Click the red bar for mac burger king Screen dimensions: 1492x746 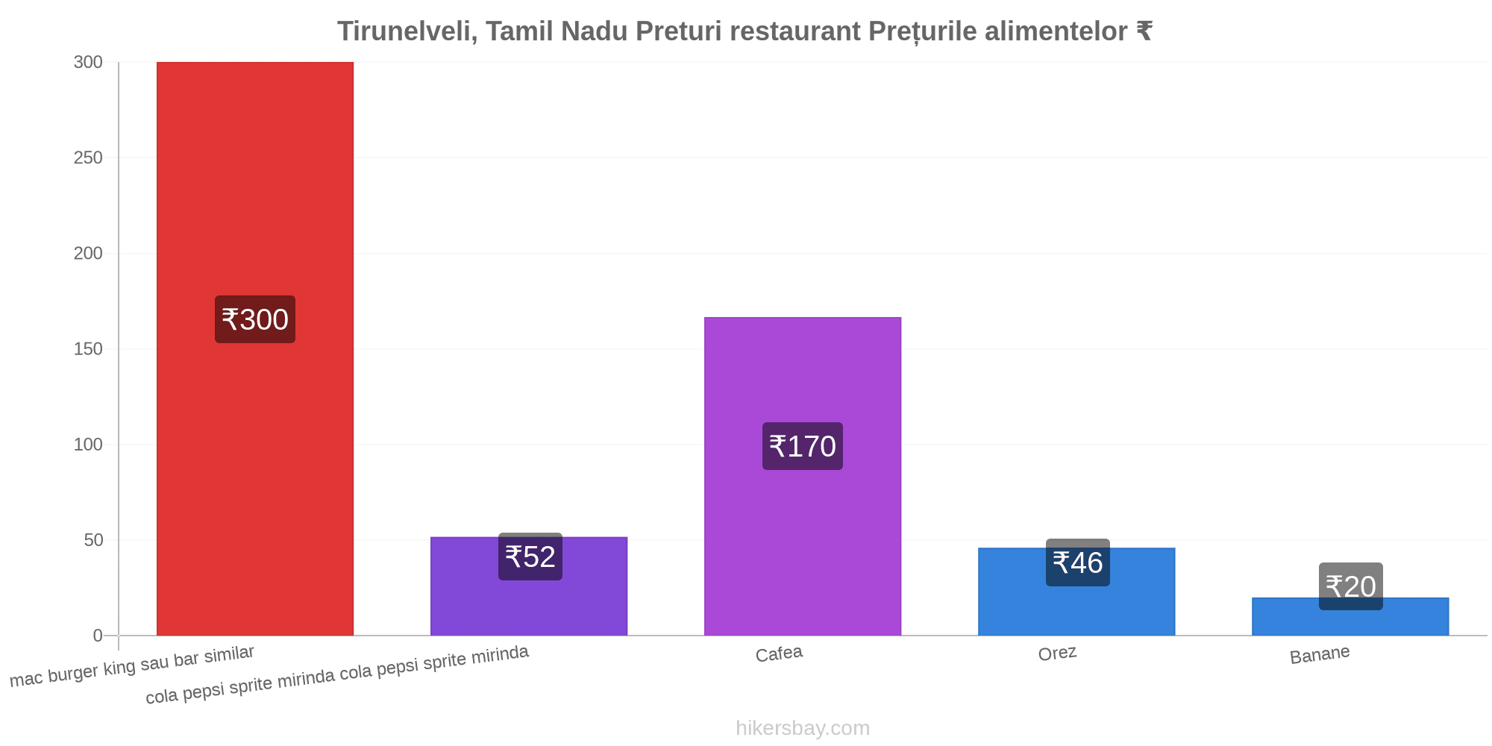point(255,349)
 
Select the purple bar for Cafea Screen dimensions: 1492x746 point(803,477)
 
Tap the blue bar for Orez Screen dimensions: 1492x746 point(1076,592)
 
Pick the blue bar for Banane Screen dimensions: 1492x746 point(1350,617)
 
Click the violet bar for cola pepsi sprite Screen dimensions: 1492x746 point(529,586)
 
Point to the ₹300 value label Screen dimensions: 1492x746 point(255,319)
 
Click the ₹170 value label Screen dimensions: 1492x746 point(803,446)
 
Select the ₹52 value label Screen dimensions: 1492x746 point(530,557)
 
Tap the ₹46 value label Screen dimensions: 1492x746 point(1078,562)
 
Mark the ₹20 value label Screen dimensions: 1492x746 point(1351,586)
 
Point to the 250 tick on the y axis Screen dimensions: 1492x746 point(88,158)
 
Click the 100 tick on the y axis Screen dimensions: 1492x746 point(88,445)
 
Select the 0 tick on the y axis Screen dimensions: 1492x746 point(98,636)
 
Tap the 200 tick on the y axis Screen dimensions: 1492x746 point(88,254)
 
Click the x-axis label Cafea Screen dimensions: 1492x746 point(779,654)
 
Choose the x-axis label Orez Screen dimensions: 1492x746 point(1057,653)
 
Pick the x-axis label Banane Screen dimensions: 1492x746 point(1320,655)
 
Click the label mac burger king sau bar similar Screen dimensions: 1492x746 point(132,666)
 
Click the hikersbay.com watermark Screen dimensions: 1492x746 point(803,728)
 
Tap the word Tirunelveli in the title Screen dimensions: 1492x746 point(407,31)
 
